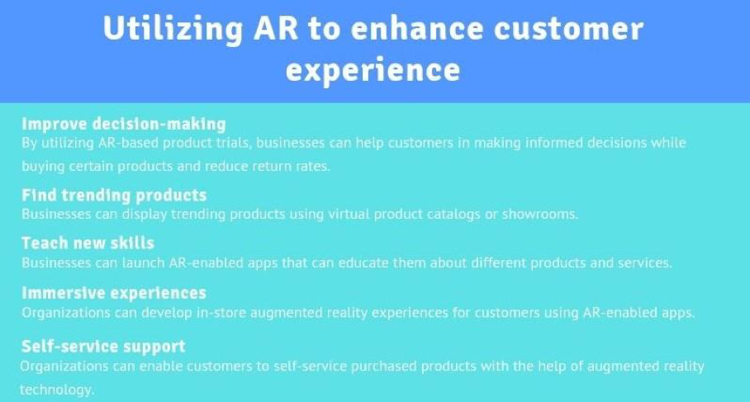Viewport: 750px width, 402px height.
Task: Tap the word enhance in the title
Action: click(x=416, y=28)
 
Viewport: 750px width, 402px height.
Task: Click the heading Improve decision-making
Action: click(x=124, y=125)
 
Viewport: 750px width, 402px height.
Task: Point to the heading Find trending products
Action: click(x=114, y=195)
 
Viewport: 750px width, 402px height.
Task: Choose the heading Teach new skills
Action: click(x=88, y=243)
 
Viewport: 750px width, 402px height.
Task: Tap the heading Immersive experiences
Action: click(x=114, y=292)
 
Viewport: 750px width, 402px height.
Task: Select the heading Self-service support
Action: click(x=103, y=346)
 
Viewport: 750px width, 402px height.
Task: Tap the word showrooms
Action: click(x=540, y=214)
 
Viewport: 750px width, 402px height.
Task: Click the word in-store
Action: click(x=221, y=313)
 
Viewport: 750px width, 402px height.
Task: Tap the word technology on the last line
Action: click(x=57, y=390)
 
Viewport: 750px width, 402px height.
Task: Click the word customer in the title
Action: click(x=568, y=29)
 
